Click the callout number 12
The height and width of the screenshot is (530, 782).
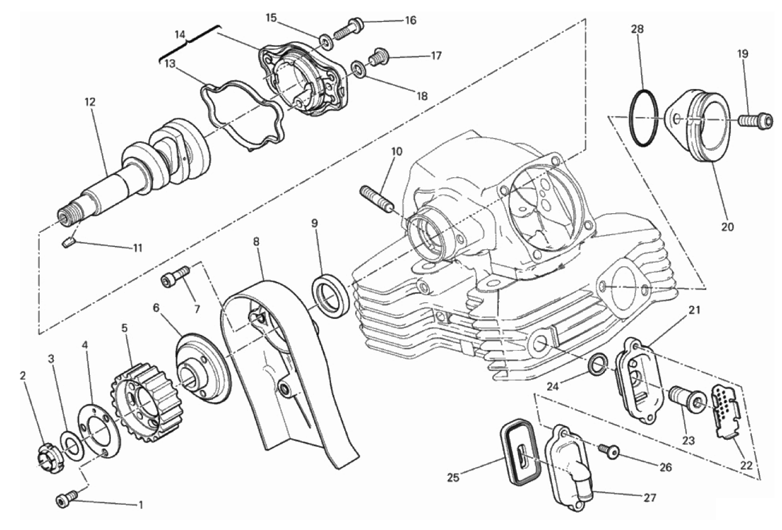[90, 102]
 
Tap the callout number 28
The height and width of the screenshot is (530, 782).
[637, 29]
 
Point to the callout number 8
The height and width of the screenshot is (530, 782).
[256, 242]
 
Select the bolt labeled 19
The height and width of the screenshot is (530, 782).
[755, 122]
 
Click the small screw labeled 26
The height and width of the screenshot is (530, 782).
[608, 451]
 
